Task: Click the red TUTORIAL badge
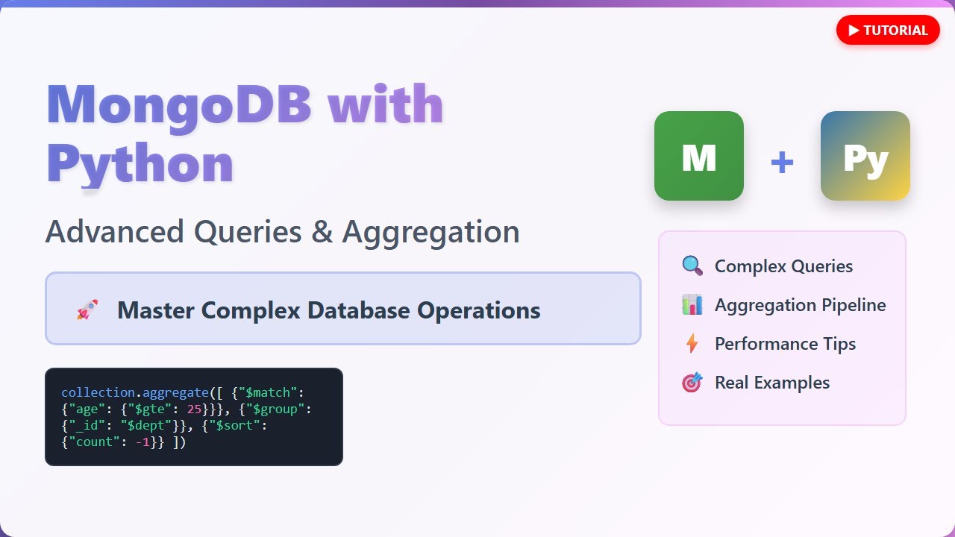888,31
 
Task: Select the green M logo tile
699,156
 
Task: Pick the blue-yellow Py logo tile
865,156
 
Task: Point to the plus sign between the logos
782,162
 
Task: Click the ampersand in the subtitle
322,232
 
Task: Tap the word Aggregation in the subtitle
430,232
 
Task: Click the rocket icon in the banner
87,310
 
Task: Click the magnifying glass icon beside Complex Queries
692,266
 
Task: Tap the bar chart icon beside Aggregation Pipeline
692,305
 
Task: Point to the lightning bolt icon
692,344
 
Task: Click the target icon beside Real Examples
692,383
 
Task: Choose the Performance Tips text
785,344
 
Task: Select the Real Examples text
771,383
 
